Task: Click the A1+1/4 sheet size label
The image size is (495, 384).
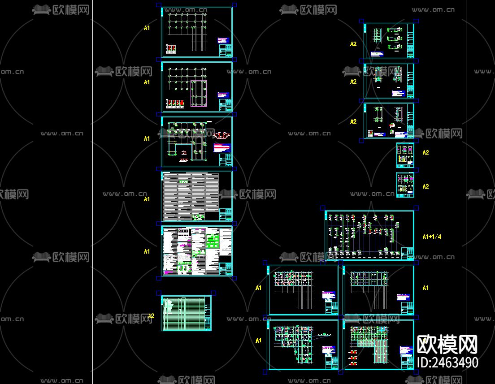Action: [x=432, y=237]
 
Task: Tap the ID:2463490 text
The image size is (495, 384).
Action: [x=447, y=362]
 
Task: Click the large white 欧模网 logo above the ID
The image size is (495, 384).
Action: [x=447, y=345]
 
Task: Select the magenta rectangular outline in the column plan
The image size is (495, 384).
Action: [x=198, y=93]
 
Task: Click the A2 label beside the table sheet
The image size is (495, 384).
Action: [x=151, y=316]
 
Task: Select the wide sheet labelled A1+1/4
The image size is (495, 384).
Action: [x=369, y=235]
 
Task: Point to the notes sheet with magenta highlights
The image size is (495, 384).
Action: [x=197, y=251]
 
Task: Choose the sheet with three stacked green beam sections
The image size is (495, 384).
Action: [x=388, y=41]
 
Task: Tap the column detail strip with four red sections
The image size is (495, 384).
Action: [x=174, y=104]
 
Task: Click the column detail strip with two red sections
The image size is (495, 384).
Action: [x=170, y=49]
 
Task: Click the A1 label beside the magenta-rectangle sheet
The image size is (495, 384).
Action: [x=147, y=82]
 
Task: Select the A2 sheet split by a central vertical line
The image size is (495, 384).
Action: [x=388, y=121]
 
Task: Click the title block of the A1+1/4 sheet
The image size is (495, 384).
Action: [x=408, y=253]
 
